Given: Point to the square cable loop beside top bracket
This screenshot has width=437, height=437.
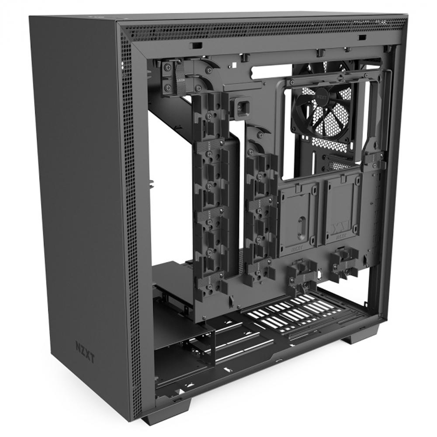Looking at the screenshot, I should pyautogui.click(x=242, y=105).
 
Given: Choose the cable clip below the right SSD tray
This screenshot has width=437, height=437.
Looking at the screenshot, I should pyautogui.click(x=344, y=262).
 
